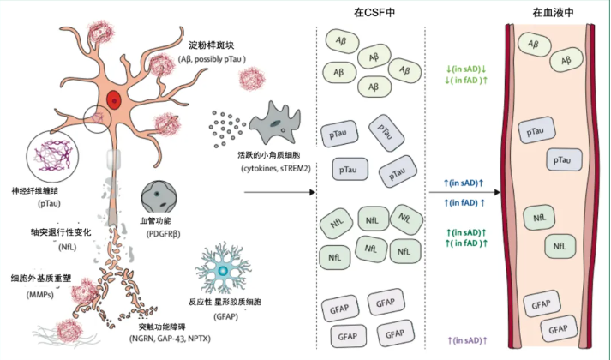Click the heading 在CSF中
[374, 13]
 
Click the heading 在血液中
[553, 13]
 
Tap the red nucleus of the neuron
[114, 101]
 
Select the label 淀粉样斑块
[211, 45]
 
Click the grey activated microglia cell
[275, 123]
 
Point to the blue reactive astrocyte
[224, 270]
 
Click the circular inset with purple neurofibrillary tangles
[52, 157]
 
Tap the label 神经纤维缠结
[35, 191]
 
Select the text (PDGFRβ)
[164, 234]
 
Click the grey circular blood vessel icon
[159, 197]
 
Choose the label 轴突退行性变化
[61, 232]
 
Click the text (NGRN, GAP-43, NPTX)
[170, 339]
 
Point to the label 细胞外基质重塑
[41, 279]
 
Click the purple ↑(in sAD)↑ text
[468, 340]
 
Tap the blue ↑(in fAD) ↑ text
[464, 202]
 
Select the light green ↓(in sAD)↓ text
[466, 69]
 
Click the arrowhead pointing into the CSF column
[312, 192]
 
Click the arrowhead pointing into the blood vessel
[497, 192]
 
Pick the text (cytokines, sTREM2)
[276, 169]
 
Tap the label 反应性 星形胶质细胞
[225, 302]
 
